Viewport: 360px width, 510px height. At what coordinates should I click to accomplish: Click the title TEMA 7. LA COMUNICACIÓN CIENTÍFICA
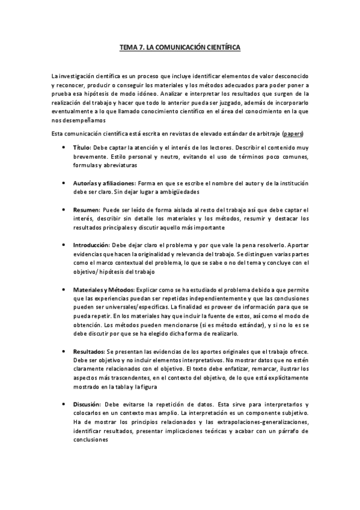pyautogui.click(x=180, y=48)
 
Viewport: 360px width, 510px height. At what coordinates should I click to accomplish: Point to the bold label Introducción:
pyautogui.click(x=91, y=245)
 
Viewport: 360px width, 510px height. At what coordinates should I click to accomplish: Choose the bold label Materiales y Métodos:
pyautogui.click(x=108, y=290)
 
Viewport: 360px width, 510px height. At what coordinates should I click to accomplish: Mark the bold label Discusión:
pyautogui.click(x=87, y=404)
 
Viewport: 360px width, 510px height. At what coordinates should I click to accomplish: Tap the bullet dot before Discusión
pyautogui.click(x=63, y=404)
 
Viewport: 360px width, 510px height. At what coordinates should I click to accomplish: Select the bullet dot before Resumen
pyautogui.click(x=63, y=210)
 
